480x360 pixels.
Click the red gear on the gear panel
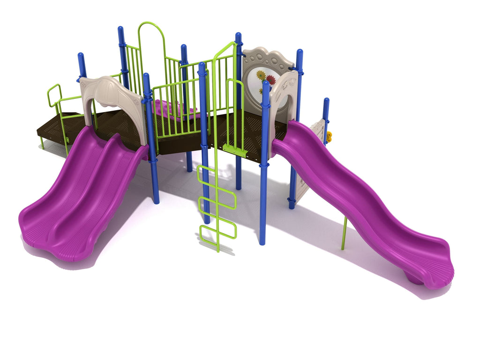click(271, 80)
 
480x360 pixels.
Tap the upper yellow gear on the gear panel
click(261, 75)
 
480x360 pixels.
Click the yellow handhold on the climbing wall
click(329, 137)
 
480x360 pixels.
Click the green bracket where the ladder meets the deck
click(235, 150)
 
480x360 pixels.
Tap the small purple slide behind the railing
click(169, 110)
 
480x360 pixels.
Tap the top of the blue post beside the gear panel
click(299, 52)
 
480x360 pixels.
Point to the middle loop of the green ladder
click(217, 203)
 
